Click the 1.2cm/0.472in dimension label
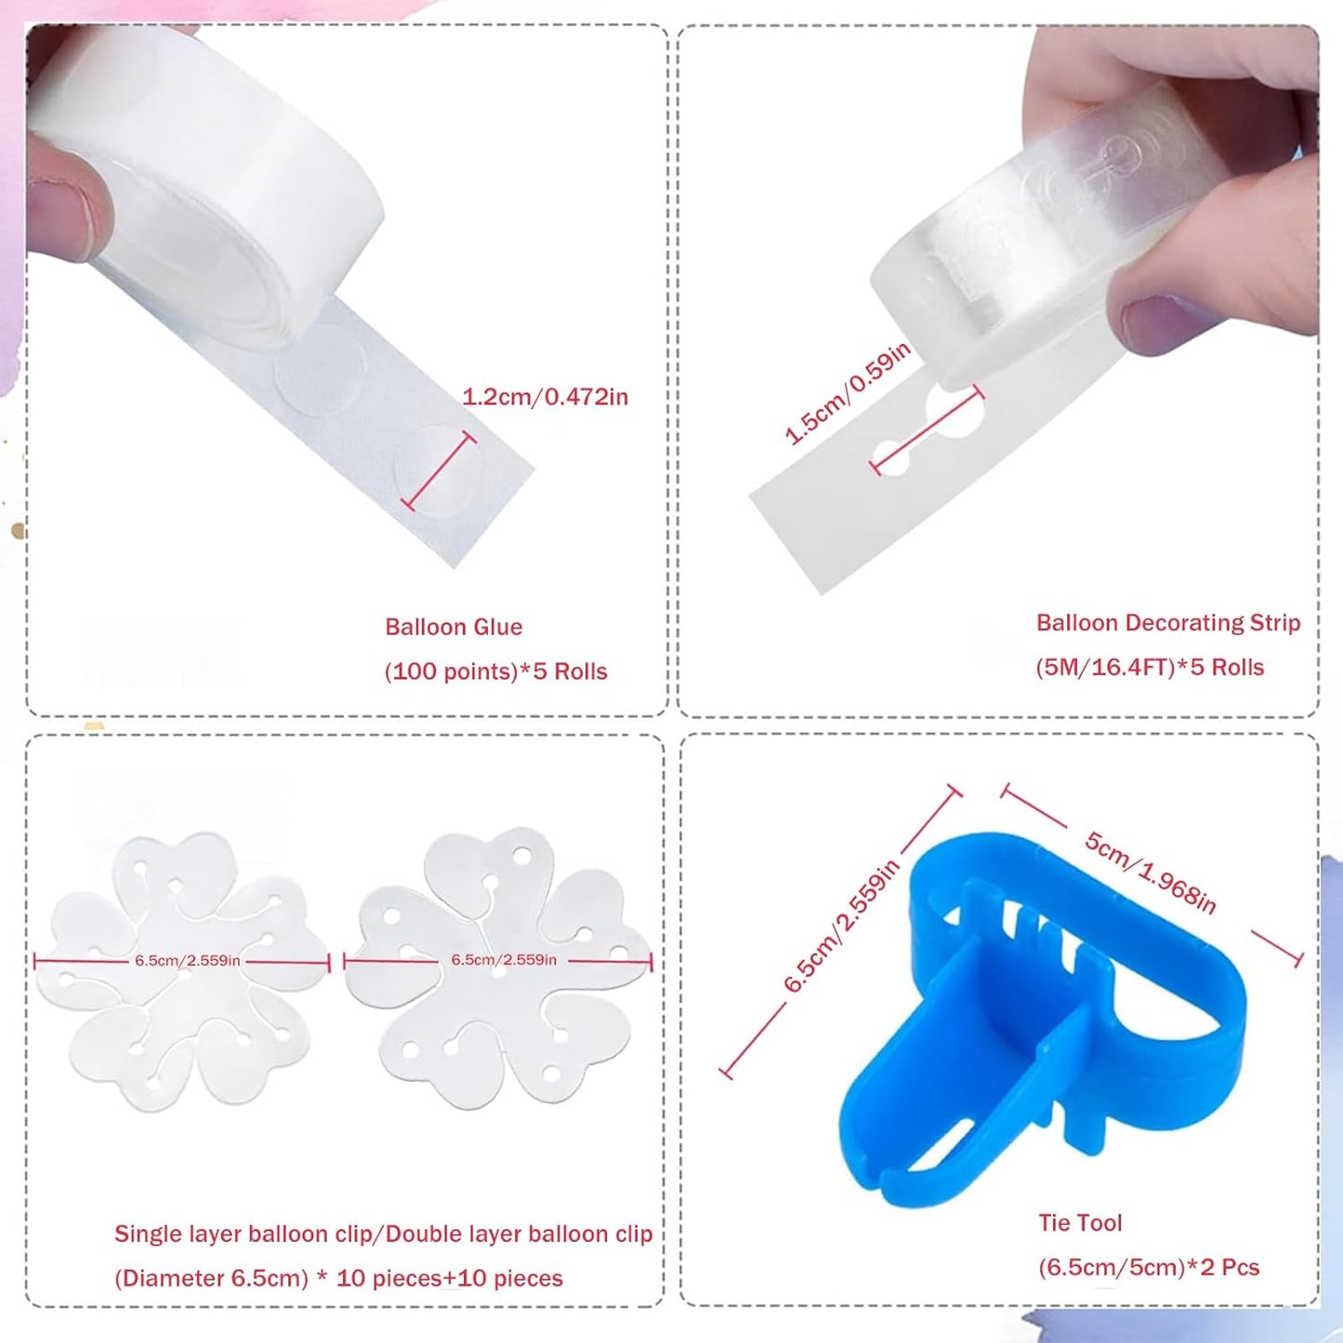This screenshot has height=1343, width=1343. tap(545, 397)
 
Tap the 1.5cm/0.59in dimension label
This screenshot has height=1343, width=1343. tap(847, 394)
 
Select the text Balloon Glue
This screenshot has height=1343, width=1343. tap(454, 627)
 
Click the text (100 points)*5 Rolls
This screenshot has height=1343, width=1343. tap(495, 671)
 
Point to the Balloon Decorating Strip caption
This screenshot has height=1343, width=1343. tap(1168, 623)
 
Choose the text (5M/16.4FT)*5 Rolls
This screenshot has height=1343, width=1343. tap(1150, 667)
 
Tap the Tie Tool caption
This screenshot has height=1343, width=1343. tap(1080, 1223)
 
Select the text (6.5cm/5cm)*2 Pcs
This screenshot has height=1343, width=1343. tap(1149, 1268)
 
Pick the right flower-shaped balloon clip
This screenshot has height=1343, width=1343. tap(499, 967)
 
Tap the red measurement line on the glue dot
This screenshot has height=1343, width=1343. tap(439, 471)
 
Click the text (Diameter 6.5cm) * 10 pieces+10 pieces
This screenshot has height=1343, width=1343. tap(338, 1278)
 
